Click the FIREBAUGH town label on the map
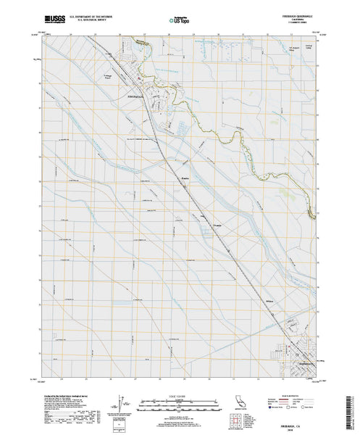[136, 94]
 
